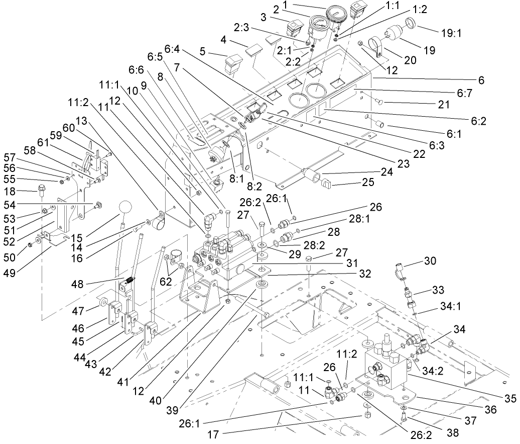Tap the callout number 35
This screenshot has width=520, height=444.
tap(510, 399)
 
